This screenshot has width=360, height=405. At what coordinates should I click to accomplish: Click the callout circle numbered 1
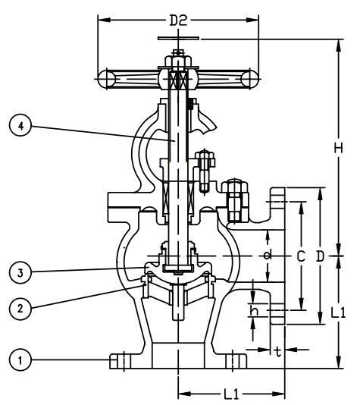tap(20, 359)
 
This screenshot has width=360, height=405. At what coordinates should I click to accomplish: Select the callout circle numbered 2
tap(20, 309)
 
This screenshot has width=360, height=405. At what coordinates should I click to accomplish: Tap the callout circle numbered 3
tap(20, 272)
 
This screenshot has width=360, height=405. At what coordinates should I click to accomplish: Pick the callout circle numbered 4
tap(20, 126)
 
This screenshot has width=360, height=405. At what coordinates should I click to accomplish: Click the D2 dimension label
tap(178, 20)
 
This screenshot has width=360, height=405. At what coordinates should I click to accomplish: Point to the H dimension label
tap(338, 148)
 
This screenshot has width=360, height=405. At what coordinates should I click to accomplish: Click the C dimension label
tap(301, 256)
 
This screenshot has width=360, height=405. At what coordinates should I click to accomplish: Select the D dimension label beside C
tap(320, 256)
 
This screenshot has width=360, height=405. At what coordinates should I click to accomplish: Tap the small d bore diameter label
tap(268, 255)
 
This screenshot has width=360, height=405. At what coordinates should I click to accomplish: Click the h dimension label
tap(254, 310)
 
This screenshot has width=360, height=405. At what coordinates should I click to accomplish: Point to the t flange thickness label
tap(278, 352)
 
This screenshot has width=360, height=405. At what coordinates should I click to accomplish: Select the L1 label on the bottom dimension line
tap(231, 394)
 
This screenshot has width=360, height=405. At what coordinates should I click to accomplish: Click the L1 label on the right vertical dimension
tap(338, 312)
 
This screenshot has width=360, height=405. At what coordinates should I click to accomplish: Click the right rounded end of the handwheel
tap(250, 79)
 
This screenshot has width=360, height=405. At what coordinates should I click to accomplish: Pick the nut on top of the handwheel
tap(178, 61)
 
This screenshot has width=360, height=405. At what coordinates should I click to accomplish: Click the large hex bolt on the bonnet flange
tap(235, 200)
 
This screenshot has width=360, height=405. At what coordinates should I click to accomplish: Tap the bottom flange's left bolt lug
tap(121, 361)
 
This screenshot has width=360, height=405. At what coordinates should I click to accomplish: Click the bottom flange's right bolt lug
tap(236, 361)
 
